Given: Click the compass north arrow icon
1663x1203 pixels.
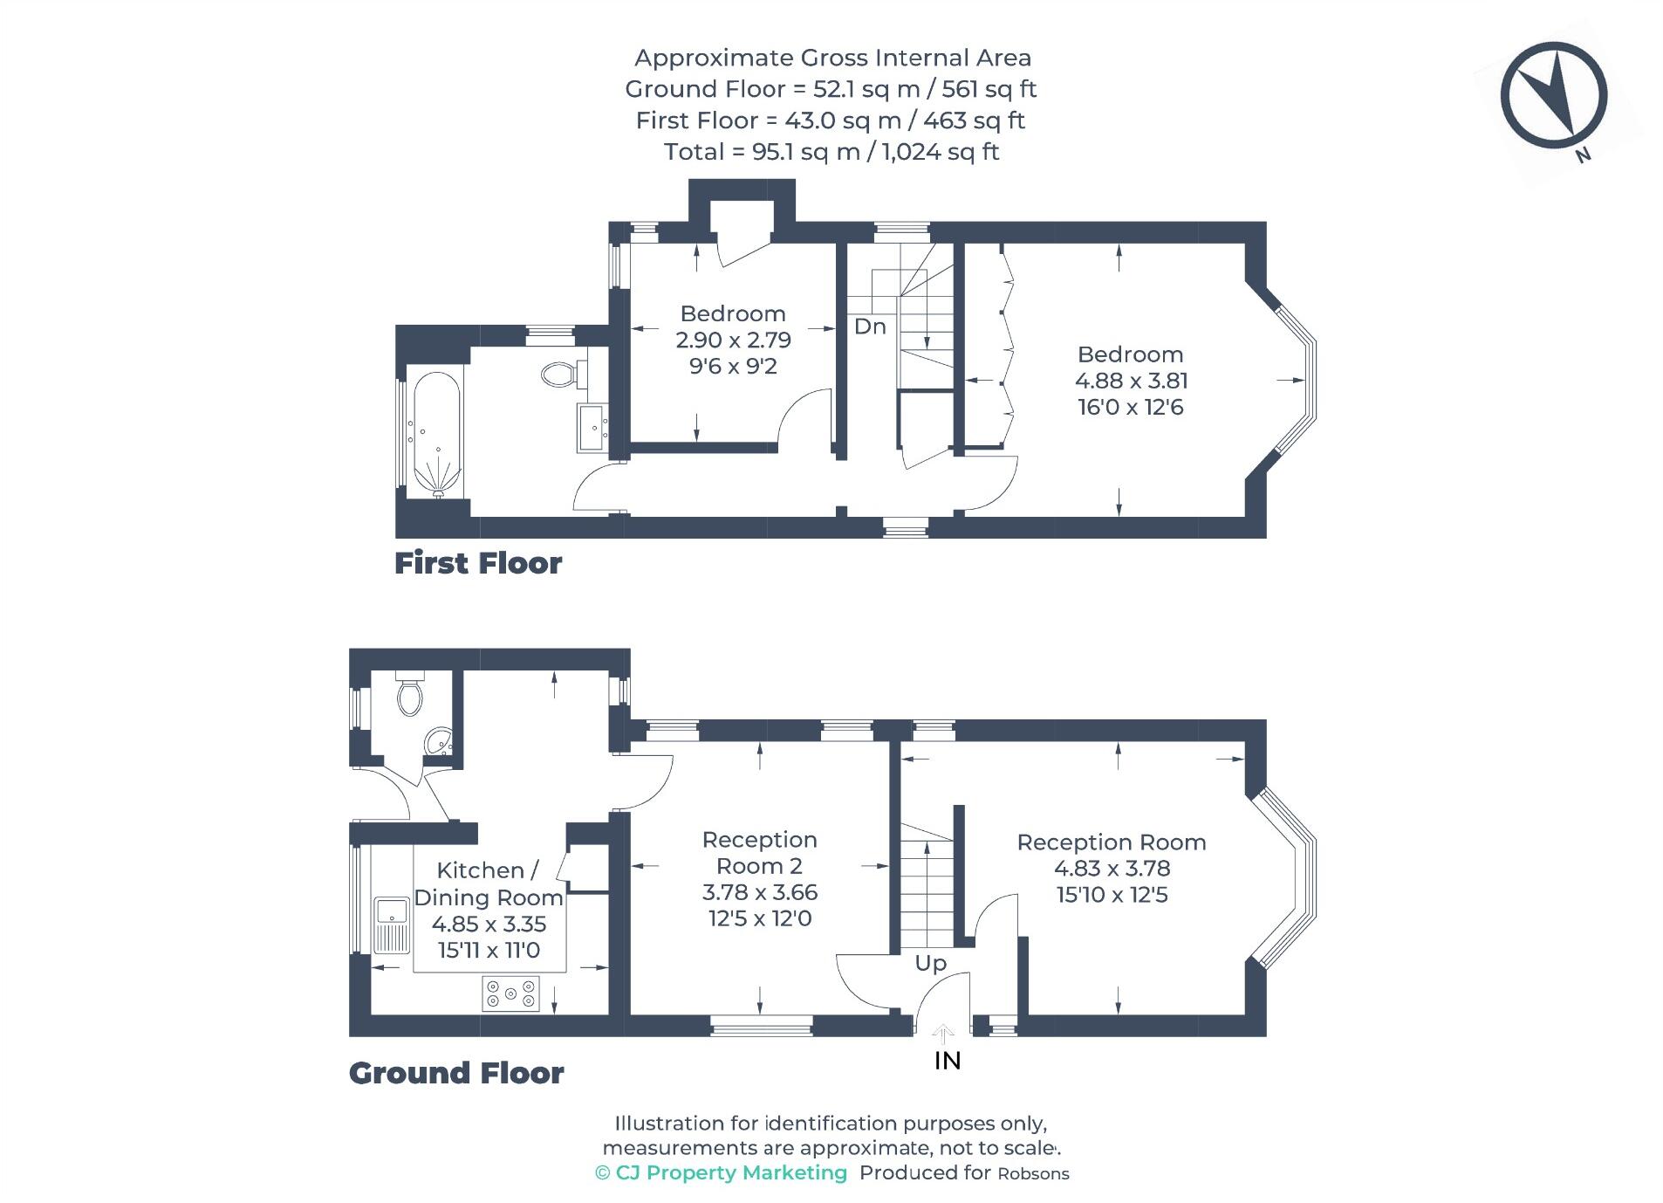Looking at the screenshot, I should coord(1552,94).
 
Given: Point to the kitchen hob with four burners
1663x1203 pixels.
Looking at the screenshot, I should coord(510,993).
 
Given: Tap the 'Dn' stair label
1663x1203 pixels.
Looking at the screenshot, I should coord(869,327).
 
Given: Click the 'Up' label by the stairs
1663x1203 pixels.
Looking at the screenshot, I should coord(930,963).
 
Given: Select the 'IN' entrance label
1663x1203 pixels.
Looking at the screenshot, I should coord(947,1061).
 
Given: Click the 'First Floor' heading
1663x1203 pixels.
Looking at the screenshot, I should coord(477,563).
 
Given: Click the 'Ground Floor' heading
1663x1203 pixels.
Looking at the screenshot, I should coord(456,1073).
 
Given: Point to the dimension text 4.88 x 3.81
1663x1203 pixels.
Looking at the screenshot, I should coord(1131,381).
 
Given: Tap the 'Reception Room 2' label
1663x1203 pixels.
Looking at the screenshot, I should coord(759,853).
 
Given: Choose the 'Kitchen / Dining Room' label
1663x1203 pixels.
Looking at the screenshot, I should coord(488,883).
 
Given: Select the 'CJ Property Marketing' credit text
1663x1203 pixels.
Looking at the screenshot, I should coord(730,1172).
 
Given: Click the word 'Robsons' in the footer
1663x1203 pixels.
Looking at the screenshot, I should coord(1033,1174).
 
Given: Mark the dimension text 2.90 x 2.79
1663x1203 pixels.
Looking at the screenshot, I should coord(733,340).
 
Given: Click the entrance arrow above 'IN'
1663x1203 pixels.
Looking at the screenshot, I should coord(942,1035).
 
